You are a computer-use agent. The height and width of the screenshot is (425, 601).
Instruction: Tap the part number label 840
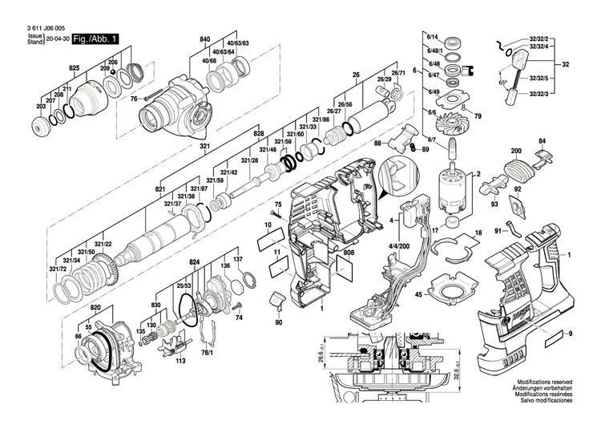(205, 39)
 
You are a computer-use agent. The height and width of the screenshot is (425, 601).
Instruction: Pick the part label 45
(418, 295)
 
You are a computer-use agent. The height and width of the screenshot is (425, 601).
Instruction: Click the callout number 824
(194, 263)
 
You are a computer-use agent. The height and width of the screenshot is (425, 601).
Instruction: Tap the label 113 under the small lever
(180, 361)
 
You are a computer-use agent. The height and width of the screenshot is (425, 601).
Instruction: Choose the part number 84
(542, 141)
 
